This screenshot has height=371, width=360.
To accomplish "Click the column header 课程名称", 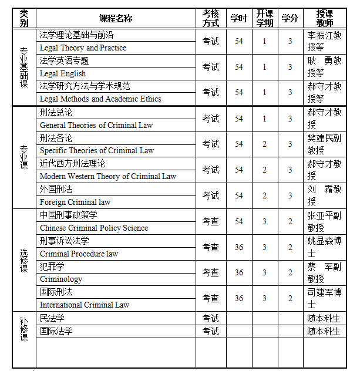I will click(x=116, y=18).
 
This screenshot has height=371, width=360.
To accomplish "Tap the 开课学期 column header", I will click(x=264, y=18).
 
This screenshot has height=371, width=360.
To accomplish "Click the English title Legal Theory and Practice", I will click(x=83, y=48).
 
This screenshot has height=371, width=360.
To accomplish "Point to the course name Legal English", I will click(x=63, y=74).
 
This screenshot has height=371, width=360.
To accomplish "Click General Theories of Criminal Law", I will click(x=96, y=125).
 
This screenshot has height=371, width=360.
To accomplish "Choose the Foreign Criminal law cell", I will click(x=75, y=202).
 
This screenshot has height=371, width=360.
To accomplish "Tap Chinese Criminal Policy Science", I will click(x=94, y=228).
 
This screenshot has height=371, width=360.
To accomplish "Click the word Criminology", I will click(x=61, y=279).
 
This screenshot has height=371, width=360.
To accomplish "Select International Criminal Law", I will click(x=85, y=305).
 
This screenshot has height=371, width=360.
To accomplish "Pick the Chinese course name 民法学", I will click(x=52, y=318).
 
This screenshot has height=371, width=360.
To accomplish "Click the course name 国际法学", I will click(x=56, y=331).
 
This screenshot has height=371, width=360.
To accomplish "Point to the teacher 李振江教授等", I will click(x=324, y=42).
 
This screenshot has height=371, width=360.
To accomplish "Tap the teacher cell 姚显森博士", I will click(x=324, y=247).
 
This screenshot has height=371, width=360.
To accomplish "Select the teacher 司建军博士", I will click(x=324, y=298).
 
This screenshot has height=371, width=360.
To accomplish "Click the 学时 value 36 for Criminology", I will click(x=238, y=273).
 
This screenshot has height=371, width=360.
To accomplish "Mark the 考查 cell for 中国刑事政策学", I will click(x=211, y=221).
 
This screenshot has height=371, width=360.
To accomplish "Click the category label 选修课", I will click(x=24, y=260).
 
